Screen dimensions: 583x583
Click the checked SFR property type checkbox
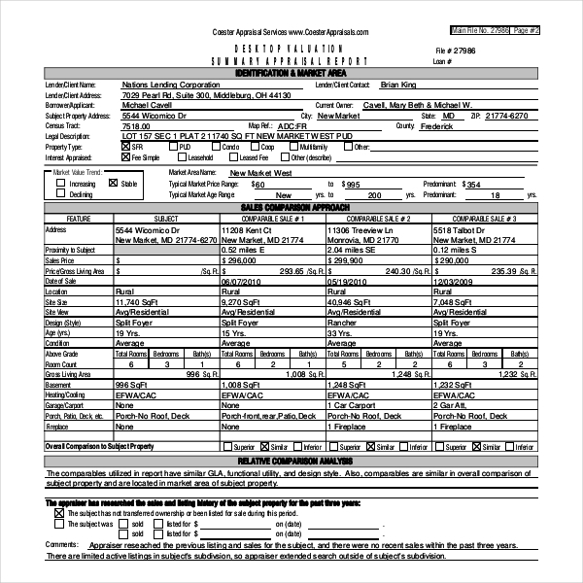tap(125, 147)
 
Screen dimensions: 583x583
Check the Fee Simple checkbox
tap(125, 156)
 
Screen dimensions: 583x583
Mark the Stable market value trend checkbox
tap(113, 183)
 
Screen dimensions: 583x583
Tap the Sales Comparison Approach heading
tap(291, 208)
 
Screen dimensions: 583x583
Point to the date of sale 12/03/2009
tap(455, 281)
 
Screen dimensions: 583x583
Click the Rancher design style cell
tap(342, 322)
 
